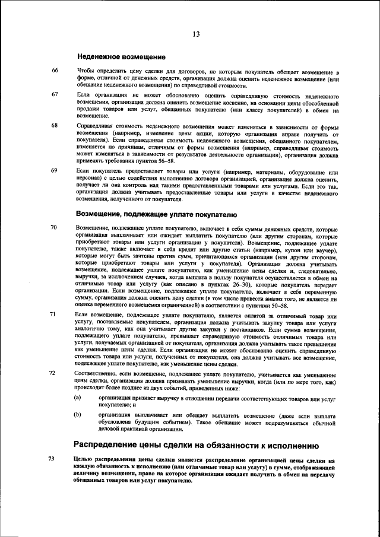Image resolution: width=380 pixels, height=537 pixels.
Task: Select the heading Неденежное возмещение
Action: [121, 57]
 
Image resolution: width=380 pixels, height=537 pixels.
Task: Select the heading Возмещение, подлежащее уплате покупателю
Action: [157, 214]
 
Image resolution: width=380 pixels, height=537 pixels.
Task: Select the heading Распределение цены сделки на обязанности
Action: [197, 445]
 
